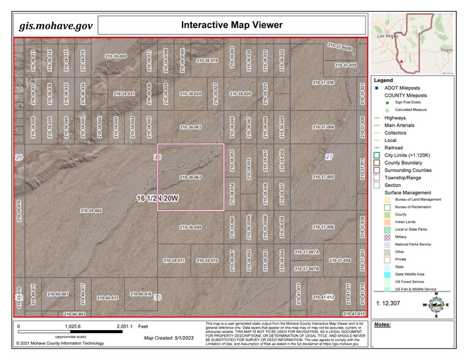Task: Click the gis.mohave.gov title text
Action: tap(55, 26)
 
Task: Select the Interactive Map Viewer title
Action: tap(232, 25)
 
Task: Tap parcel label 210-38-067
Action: tap(191, 177)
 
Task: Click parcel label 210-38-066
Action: tap(91, 211)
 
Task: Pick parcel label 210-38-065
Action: tap(191, 127)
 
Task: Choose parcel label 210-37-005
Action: tap(323, 177)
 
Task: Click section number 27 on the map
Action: tap(329, 157)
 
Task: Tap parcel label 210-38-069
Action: tap(191, 227)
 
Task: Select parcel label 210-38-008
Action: tap(115, 56)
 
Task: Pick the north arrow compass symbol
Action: tap(436, 304)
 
